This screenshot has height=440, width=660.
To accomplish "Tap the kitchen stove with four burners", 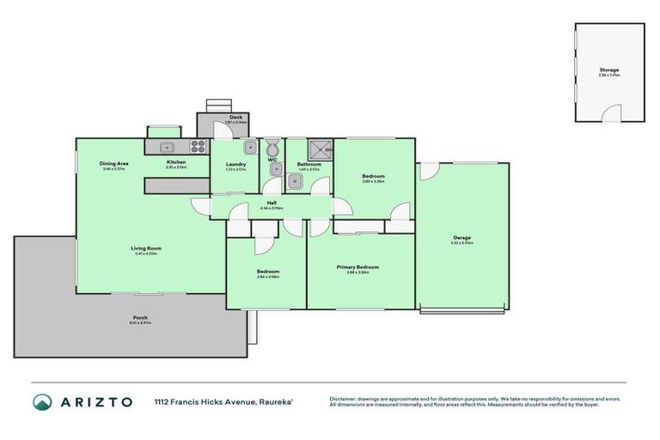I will [x=198, y=146].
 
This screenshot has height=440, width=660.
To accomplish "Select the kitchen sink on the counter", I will [x=167, y=146].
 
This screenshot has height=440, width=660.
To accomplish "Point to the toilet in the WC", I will [x=272, y=146].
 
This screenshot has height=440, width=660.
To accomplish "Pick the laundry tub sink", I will [x=249, y=147].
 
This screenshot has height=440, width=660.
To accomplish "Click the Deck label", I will [x=235, y=117].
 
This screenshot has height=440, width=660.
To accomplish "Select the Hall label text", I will [x=272, y=203].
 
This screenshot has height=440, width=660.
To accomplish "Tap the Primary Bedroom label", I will [x=357, y=267].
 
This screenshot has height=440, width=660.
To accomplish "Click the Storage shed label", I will [x=608, y=70].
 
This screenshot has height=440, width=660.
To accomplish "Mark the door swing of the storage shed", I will [x=612, y=113].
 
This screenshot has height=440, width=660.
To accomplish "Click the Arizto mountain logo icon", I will [x=42, y=401].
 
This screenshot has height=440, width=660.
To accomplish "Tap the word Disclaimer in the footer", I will [x=345, y=399].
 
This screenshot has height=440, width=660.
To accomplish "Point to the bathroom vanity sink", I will [x=278, y=169].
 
